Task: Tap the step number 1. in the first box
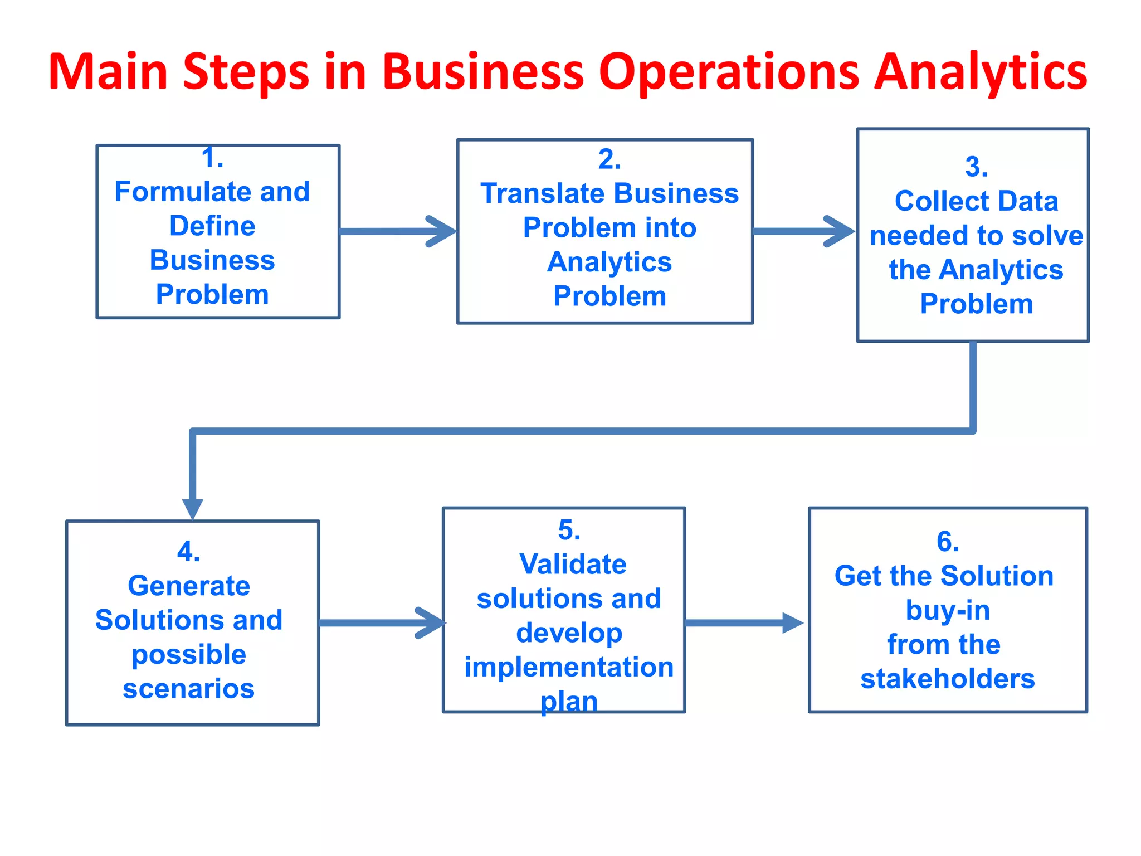tap(212, 158)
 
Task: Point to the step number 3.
tap(976, 167)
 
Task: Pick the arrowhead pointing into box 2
tap(443, 231)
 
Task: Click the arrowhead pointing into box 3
tap(841, 231)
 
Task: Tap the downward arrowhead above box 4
tap(193, 508)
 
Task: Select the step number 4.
tap(188, 552)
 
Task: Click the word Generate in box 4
tap(189, 586)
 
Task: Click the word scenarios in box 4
tap(189, 689)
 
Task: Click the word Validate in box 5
tap(573, 564)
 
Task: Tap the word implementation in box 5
tap(569, 667)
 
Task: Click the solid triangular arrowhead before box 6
tap(792, 623)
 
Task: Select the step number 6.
tap(948, 542)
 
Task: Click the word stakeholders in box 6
tap(948, 679)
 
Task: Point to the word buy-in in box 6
tap(948, 610)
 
